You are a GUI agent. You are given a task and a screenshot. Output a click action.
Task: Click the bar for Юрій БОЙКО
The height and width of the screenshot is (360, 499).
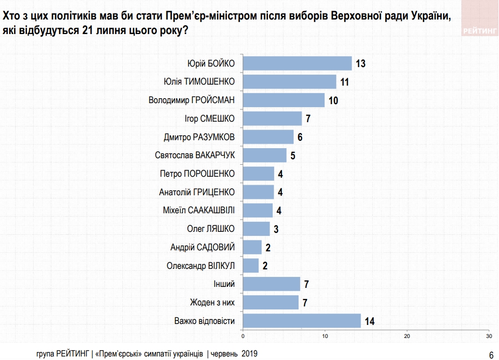pos(297,64)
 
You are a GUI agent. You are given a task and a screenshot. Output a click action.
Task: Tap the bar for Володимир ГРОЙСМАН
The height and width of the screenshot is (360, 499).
pos(284,100)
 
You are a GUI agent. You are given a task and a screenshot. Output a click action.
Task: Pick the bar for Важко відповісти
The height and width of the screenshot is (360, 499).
pos(302,320)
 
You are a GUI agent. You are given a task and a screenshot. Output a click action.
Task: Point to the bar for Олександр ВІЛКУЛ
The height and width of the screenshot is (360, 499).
pos(251,265)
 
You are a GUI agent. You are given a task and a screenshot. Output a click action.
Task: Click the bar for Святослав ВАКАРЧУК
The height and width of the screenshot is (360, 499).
pos(265,155)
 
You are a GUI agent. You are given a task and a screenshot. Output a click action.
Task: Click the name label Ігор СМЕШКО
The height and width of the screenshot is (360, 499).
pos(209,119)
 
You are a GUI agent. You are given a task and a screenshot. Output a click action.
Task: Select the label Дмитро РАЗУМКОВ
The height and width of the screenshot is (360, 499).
pos(199,137)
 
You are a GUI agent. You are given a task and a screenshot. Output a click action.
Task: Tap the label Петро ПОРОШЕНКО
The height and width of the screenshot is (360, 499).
pos(197,174)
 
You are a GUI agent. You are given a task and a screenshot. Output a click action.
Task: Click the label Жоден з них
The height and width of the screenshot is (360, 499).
pos(212,302)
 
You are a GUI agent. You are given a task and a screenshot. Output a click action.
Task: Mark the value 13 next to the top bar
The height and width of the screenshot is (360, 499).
pos(361,64)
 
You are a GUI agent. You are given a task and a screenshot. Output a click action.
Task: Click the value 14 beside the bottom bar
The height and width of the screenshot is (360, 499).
pos(370,321)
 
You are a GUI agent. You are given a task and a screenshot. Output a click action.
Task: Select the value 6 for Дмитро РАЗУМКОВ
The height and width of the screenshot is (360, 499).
pos(300,137)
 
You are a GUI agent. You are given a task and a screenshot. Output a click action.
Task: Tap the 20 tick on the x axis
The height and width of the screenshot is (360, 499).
pos(407,335)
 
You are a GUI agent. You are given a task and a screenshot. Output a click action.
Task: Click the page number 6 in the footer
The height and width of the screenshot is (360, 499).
pos(490,354)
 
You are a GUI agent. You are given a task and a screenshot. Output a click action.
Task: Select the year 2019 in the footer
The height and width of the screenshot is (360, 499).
pos(249,353)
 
